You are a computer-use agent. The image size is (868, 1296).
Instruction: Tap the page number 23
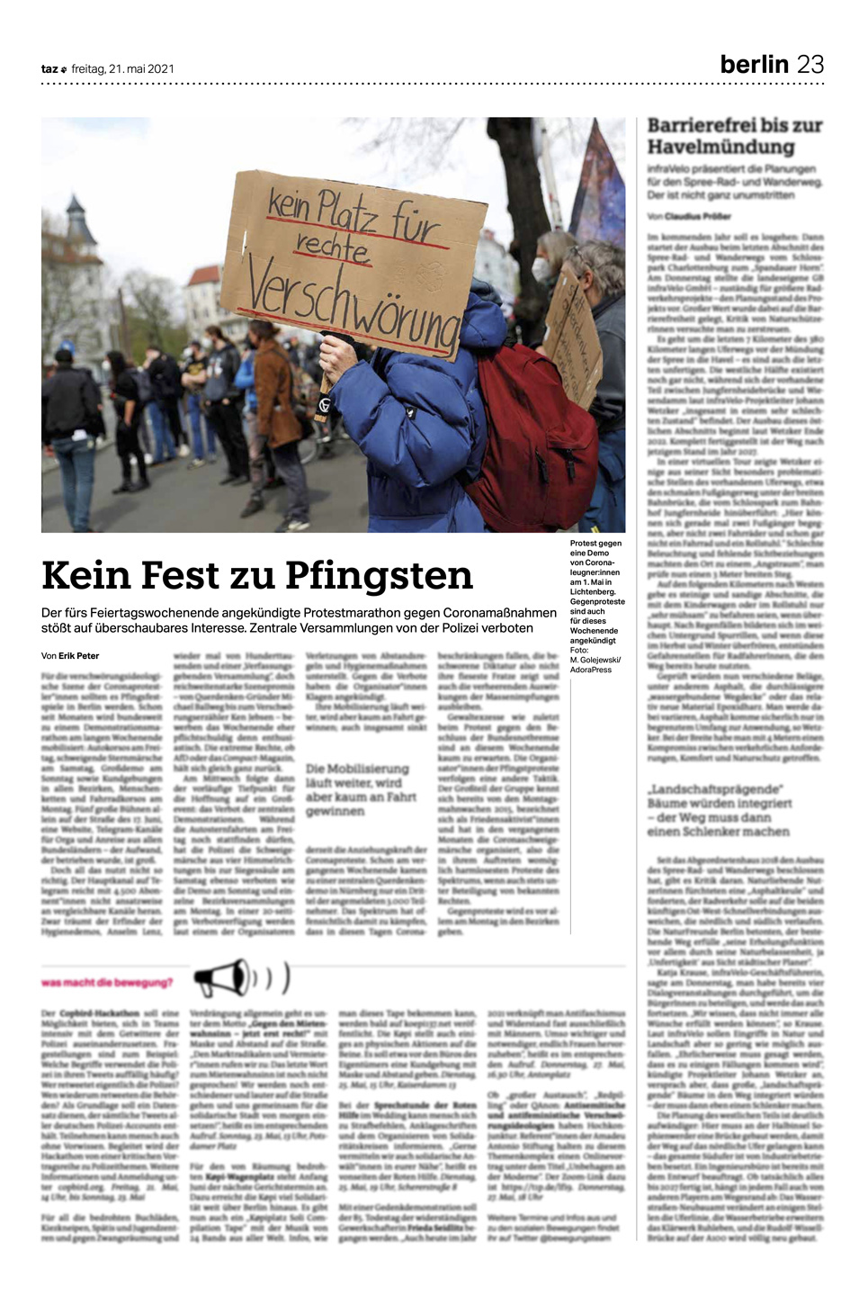810,64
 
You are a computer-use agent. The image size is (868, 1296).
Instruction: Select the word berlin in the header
754,64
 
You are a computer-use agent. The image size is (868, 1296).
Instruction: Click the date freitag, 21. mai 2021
123,68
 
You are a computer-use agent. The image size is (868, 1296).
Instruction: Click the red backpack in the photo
532,438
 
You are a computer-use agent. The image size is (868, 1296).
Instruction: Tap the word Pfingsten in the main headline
379,574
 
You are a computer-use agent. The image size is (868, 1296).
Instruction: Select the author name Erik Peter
79,655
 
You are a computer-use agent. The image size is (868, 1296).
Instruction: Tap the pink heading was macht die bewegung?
107,982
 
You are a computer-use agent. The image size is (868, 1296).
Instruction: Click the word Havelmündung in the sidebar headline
708,147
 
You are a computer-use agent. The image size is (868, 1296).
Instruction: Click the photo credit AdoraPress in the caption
590,670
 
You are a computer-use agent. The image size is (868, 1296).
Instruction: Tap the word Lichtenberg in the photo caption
592,591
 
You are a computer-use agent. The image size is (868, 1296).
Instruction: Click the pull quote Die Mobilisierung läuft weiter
357,789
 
